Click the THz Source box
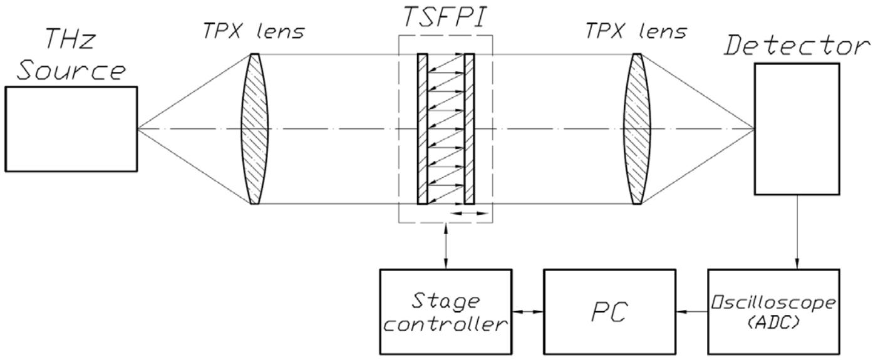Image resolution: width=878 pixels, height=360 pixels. [x=71, y=129]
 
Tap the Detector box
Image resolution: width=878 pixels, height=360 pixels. [x=796, y=129]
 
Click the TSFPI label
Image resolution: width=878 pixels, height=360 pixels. [x=446, y=19]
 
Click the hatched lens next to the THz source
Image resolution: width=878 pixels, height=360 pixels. [x=252, y=129]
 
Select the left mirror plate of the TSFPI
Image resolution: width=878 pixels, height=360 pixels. [x=422, y=129]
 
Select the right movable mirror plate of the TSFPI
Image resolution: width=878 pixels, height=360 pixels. [x=470, y=129]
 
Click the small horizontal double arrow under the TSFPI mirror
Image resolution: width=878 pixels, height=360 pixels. [x=470, y=213]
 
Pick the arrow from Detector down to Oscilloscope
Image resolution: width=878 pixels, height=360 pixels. [x=796, y=232]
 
